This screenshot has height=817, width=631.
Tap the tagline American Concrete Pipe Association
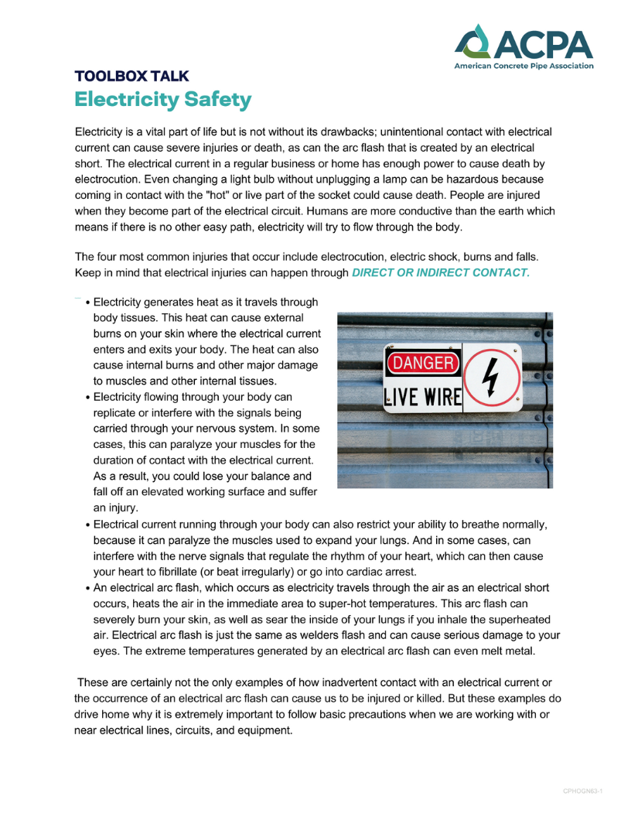coord(524,67)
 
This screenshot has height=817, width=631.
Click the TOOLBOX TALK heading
coord(131,77)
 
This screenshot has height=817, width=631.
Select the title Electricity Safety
coord(162,100)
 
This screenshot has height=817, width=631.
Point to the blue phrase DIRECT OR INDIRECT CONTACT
coord(440,273)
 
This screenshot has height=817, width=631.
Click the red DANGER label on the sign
coord(423,364)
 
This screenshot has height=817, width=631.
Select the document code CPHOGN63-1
coord(582,791)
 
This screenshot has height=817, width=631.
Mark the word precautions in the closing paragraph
coord(363,715)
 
